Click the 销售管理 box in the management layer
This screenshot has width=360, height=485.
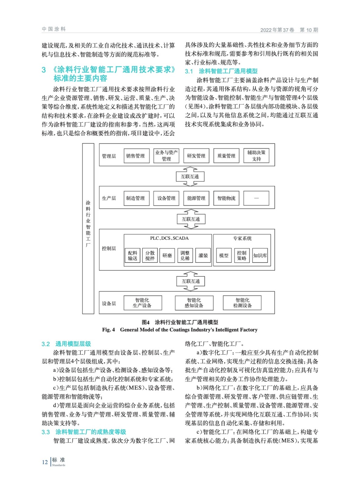point(136,156)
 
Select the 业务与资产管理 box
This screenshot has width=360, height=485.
point(166,156)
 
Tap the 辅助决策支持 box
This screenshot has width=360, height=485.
point(256,156)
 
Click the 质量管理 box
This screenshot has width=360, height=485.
point(226,156)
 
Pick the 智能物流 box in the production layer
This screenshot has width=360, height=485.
point(226,198)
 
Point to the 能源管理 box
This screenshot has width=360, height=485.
point(196,198)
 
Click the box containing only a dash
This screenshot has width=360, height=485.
point(256,198)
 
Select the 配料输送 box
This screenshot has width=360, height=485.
point(133,256)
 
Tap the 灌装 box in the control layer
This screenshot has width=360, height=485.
point(203,256)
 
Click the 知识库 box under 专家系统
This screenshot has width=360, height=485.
point(260,256)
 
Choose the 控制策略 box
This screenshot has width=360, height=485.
point(242,256)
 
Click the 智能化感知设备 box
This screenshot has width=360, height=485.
point(194,303)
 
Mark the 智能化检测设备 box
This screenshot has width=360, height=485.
point(242,303)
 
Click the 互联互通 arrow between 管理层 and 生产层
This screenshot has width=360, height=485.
point(190,176)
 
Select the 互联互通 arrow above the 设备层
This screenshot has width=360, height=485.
point(191,281)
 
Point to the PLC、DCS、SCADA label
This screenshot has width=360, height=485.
point(169,238)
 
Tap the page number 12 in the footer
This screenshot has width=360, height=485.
point(45,462)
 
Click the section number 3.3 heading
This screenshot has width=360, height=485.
point(46,432)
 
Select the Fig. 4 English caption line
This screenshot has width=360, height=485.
point(180,330)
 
